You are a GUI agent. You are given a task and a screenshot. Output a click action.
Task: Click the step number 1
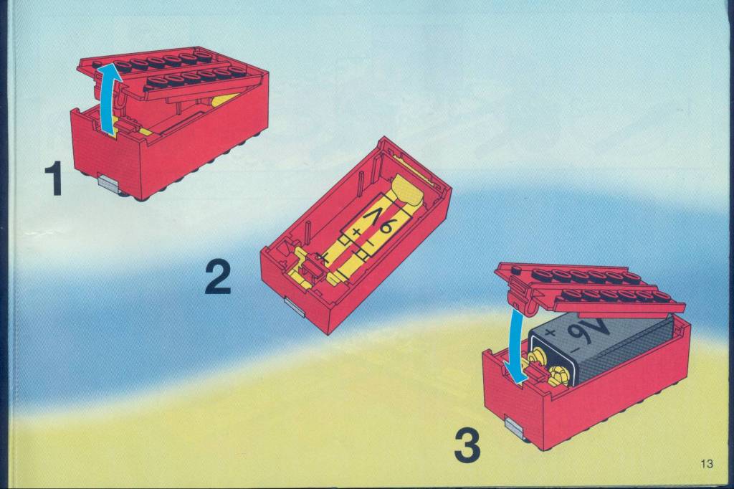(x=54, y=179)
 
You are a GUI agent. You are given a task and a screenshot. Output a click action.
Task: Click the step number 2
(x=218, y=277)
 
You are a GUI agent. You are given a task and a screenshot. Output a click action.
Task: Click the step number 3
(x=467, y=447)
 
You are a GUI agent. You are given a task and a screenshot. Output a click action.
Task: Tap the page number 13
(x=707, y=464)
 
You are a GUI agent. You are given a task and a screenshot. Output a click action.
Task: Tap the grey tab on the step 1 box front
(x=108, y=182)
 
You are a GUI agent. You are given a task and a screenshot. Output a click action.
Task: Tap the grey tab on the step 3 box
(x=516, y=426)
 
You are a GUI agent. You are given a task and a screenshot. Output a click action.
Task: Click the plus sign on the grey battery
(x=550, y=333)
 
